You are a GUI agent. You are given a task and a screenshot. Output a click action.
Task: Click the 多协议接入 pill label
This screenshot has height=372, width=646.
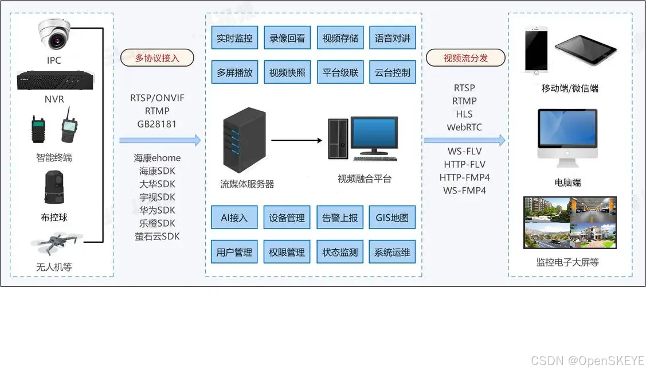tap(157, 58)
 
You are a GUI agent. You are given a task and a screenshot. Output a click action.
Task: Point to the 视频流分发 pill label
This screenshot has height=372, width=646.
tap(465, 58)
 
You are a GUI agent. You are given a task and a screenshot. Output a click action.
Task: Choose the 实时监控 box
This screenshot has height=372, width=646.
tap(234, 38)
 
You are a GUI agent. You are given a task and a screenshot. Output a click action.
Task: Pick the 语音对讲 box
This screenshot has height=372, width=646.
tap(393, 38)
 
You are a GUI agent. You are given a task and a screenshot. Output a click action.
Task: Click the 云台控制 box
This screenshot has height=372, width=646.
tap(393, 73)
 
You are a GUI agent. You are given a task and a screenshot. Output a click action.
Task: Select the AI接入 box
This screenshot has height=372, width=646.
tap(234, 218)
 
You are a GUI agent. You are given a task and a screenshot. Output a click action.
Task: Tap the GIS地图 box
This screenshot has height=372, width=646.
tap(393, 218)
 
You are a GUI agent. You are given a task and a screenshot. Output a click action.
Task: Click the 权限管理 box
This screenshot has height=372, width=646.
tap(287, 252)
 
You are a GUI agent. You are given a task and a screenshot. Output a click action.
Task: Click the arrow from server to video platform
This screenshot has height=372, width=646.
tap(296, 139)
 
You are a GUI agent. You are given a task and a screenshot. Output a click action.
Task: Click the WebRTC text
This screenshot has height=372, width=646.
tap(464, 127)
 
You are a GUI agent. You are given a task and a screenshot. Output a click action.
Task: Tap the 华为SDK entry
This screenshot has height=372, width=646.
tap(157, 210)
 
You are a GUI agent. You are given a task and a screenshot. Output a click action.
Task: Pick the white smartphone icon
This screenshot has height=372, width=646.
tap(536, 51)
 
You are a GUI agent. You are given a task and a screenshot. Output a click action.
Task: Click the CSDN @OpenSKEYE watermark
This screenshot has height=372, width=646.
tap(587, 361)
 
